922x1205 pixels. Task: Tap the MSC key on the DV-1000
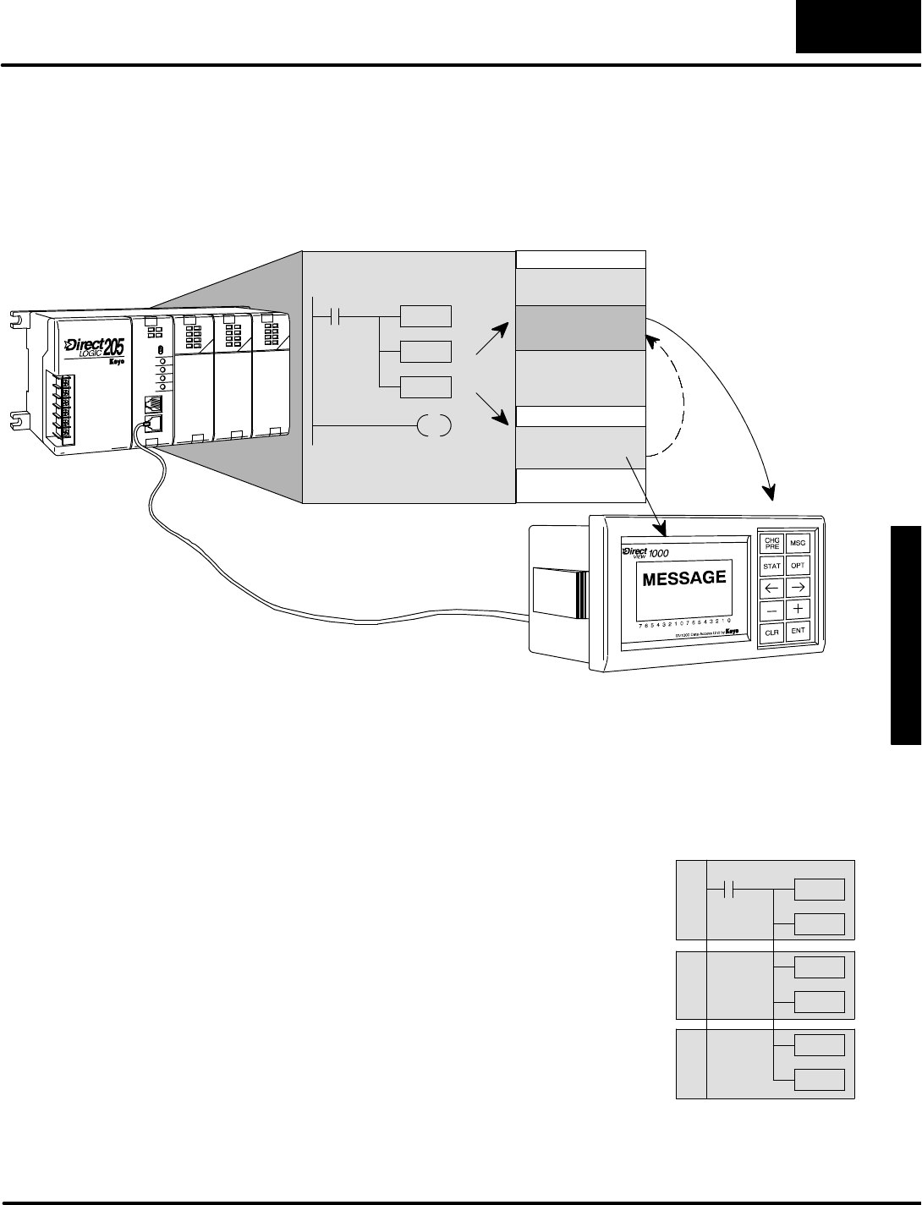click(798, 543)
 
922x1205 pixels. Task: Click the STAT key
click(771, 565)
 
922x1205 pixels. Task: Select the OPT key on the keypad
click(798, 565)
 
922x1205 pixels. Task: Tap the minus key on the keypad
click(771, 609)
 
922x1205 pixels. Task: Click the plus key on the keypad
click(798, 609)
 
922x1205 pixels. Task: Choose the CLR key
click(771, 632)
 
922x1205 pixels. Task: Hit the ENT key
click(798, 632)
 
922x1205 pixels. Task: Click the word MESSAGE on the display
click(684, 578)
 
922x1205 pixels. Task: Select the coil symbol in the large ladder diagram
click(434, 425)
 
